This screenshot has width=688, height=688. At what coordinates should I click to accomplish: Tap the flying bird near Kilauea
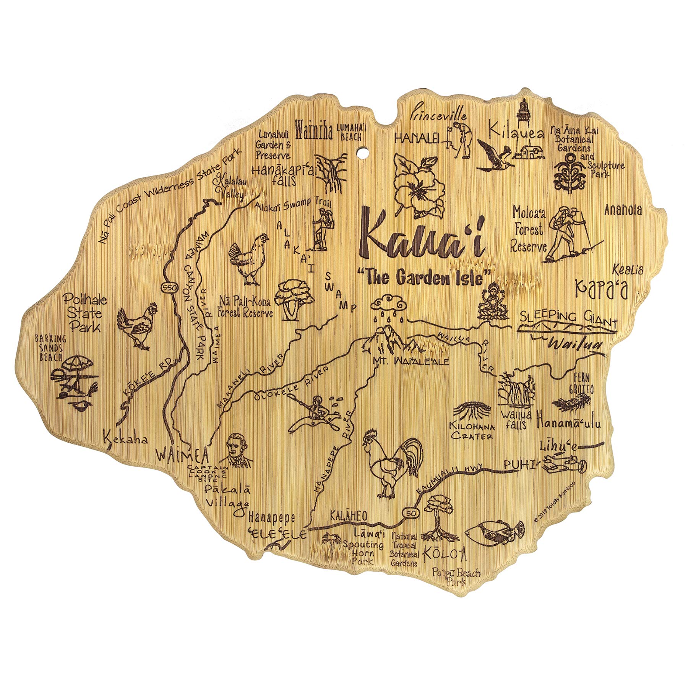[x=493, y=153]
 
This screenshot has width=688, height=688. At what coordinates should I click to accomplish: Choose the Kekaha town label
[x=125, y=439]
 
